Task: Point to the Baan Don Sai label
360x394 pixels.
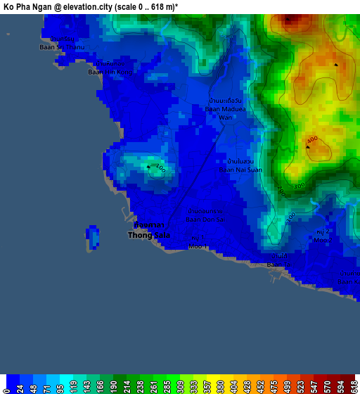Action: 206,215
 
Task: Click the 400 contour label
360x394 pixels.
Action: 311,140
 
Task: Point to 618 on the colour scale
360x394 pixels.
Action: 354,386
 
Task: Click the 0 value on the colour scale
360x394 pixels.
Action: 6,387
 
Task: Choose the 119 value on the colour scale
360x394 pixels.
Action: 73,386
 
